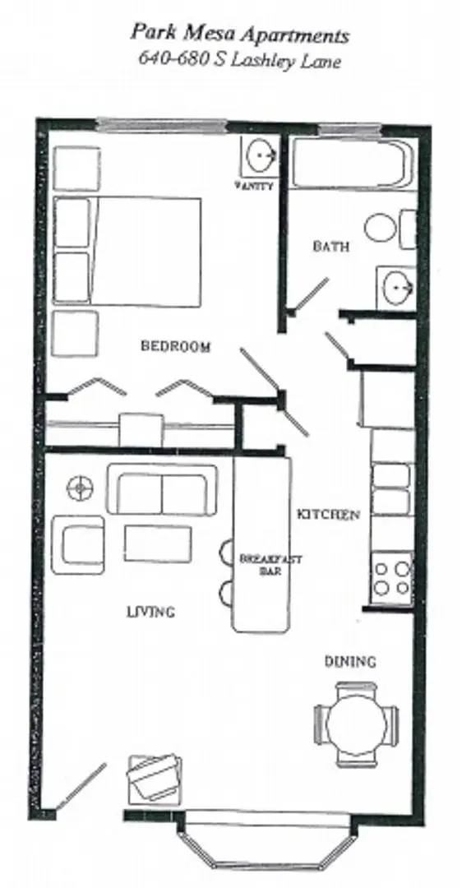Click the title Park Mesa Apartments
[x=239, y=35]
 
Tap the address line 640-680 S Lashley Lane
[x=239, y=60]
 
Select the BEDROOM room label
[x=175, y=346]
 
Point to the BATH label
[x=330, y=246]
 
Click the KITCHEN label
[x=328, y=515]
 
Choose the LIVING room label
[x=150, y=612]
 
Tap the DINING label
[x=350, y=661]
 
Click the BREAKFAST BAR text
[x=260, y=564]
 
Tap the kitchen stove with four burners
[x=391, y=576]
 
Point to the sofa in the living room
[x=162, y=490]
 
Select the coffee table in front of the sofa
[x=158, y=543]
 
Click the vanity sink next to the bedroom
[x=261, y=155]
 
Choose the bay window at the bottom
[x=270, y=839]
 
